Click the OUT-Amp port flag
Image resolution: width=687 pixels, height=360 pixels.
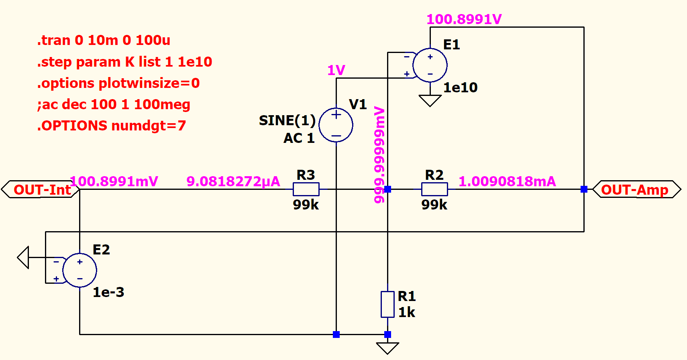point(637,189)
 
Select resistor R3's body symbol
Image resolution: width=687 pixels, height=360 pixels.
point(306,189)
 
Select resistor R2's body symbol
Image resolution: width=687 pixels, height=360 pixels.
point(434,189)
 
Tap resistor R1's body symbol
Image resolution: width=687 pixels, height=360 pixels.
point(387,305)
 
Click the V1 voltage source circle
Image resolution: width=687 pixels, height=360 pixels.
point(336,125)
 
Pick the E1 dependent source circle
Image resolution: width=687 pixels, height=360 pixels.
point(430,65)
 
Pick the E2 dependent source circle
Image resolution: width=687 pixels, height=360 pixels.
point(80,270)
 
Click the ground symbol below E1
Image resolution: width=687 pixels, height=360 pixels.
point(430,101)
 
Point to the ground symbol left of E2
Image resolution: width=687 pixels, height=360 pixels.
point(23,258)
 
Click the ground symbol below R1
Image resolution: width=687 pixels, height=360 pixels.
point(387,348)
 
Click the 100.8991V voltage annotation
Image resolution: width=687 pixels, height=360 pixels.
point(464,19)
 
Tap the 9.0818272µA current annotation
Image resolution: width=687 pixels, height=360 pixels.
point(233,181)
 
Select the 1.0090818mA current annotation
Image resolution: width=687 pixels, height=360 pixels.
point(507,181)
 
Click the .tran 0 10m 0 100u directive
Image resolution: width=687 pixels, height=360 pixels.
point(104,40)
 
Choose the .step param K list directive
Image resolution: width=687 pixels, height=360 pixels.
point(124,62)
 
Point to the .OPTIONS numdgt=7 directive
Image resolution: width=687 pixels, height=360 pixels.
point(111,126)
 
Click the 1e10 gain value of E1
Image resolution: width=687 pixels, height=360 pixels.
point(461,88)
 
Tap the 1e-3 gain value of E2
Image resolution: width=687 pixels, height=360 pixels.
point(108,292)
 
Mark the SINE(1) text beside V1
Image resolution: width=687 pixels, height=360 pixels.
point(287,120)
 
